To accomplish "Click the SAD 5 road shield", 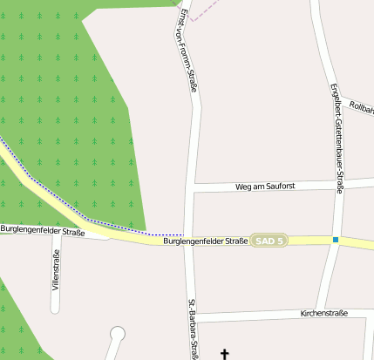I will pyautogui.click(x=269, y=240).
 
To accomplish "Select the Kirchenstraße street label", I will pyautogui.click(x=323, y=312).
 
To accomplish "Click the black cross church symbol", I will pyautogui.click(x=225, y=354).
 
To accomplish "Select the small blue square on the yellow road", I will pyautogui.click(x=336, y=240).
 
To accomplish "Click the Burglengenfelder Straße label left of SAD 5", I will pyautogui.click(x=206, y=241).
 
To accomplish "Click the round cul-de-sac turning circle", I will pyautogui.click(x=118, y=333).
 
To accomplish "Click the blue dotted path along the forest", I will pyautogui.click(x=87, y=218).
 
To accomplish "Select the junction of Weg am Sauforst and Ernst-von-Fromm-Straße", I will pyautogui.click(x=194, y=187).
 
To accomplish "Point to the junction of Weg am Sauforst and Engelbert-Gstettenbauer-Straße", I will pyautogui.click(x=340, y=184).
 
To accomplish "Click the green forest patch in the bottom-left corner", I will pyautogui.click(x=13, y=323).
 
